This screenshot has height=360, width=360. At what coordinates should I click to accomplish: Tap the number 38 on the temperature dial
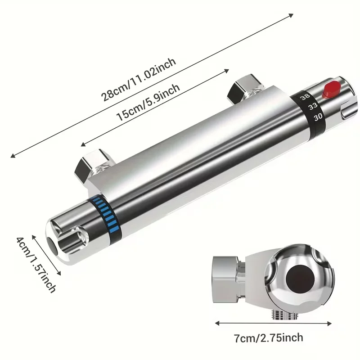305,97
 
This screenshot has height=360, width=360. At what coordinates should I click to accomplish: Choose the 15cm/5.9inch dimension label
149,103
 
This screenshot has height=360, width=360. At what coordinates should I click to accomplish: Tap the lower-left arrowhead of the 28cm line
12,156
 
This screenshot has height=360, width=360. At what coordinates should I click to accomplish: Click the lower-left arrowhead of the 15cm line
81,144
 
